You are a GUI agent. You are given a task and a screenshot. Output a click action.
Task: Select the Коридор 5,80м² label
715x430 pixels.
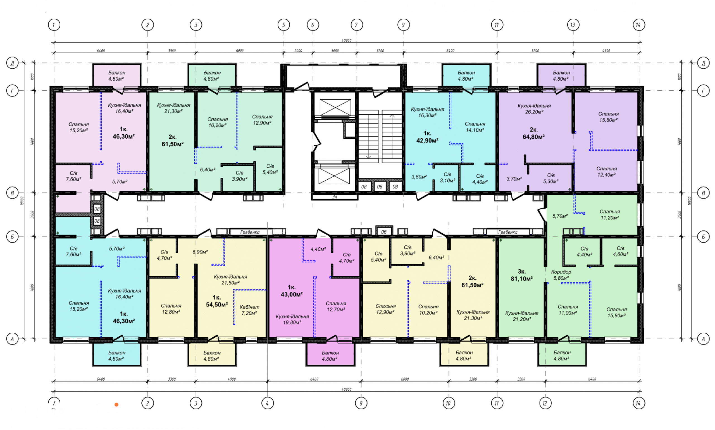(561, 275)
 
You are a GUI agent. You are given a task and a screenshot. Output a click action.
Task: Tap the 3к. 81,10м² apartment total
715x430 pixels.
(522, 275)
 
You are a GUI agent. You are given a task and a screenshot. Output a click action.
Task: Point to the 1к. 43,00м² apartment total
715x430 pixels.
(292, 291)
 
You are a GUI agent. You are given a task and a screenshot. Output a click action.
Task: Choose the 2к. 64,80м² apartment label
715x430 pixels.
(533, 133)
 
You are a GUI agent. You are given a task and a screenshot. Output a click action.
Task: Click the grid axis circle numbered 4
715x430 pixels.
(267, 403)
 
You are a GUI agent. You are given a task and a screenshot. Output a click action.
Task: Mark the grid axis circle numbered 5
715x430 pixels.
(283, 25)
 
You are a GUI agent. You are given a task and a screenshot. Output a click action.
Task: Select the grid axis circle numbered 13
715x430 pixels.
(573, 25)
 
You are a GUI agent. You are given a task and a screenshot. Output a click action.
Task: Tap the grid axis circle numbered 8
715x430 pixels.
(361, 403)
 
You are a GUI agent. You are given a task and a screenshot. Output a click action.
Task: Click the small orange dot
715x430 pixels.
(116, 405)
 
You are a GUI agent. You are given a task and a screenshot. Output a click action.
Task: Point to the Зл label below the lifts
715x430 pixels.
(335, 197)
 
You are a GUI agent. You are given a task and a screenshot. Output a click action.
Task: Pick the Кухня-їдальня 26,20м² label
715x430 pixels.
(534, 109)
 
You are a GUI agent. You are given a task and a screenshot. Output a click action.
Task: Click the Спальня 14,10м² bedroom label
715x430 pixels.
(475, 127)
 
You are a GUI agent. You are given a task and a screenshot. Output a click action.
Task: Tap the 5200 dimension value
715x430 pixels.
(535, 51)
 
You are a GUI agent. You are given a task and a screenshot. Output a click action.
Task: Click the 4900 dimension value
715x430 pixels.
(232, 379)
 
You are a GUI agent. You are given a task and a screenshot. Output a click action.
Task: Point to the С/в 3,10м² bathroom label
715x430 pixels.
(447, 177)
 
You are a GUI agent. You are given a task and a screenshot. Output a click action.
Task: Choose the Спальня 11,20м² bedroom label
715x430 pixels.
(609, 215)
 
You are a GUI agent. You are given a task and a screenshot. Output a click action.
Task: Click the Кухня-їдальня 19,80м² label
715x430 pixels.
(292, 319)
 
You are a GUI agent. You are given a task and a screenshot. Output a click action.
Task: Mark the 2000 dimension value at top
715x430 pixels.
(298, 51)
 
